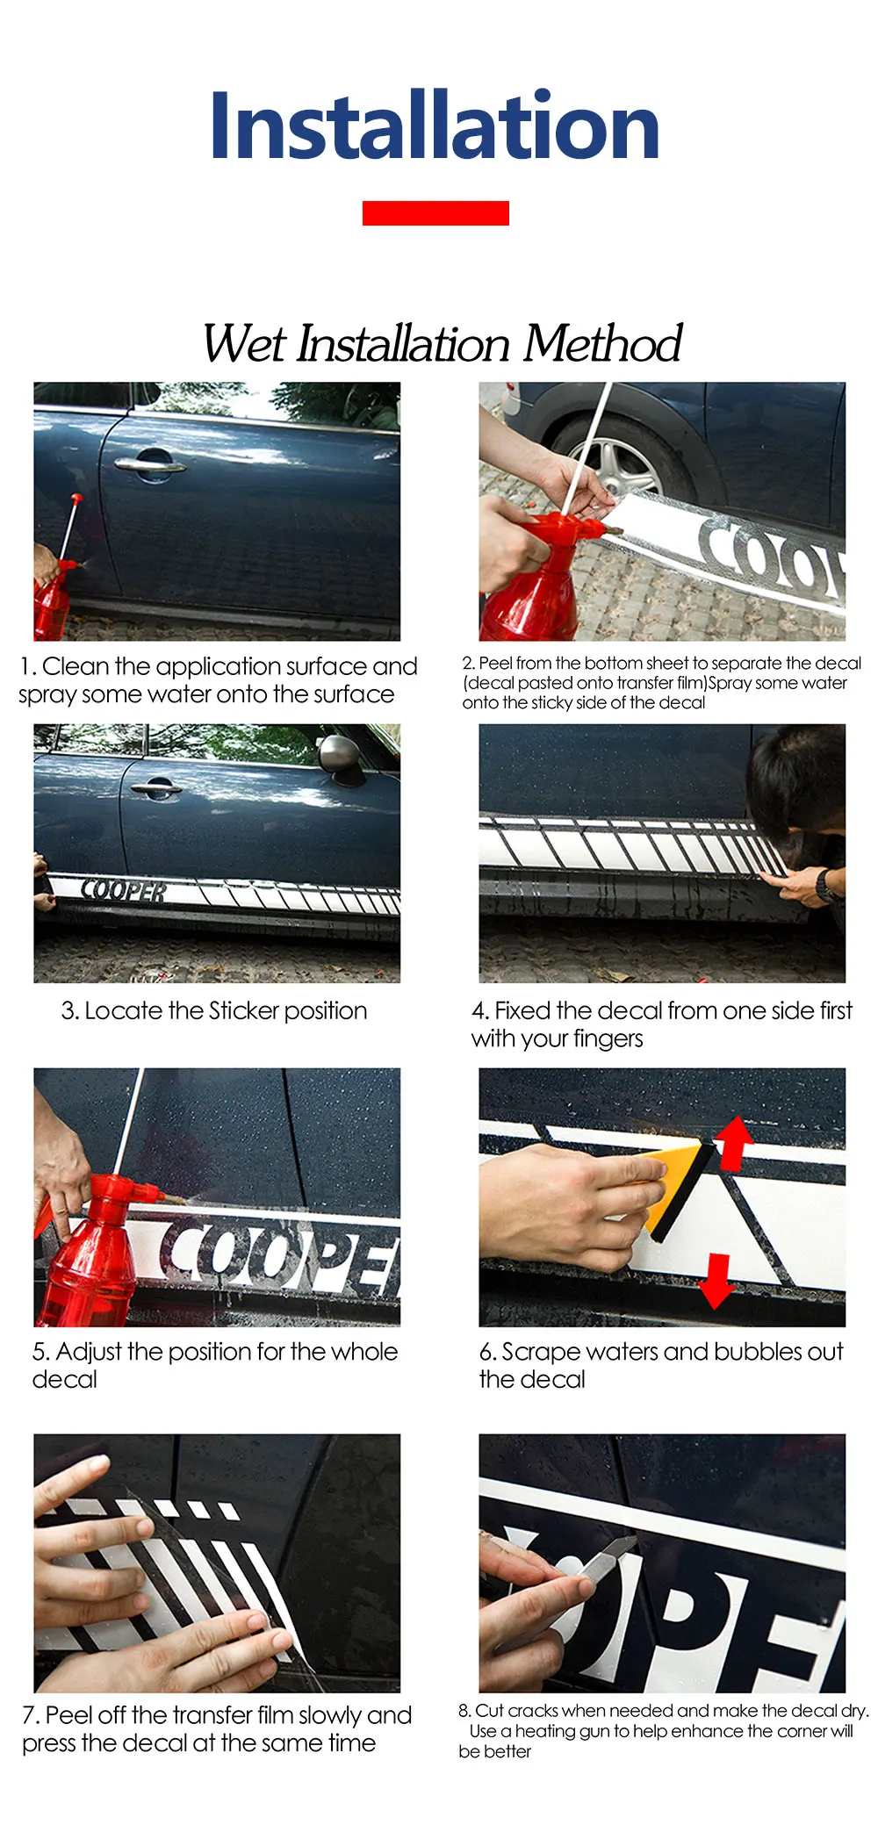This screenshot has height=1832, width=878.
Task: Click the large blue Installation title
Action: (x=435, y=126)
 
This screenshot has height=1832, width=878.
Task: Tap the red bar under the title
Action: (x=435, y=213)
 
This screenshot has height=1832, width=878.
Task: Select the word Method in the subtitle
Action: (x=602, y=343)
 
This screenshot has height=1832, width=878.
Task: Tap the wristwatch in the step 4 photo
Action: (x=825, y=885)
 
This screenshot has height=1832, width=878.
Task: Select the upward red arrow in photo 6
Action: (x=734, y=1143)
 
